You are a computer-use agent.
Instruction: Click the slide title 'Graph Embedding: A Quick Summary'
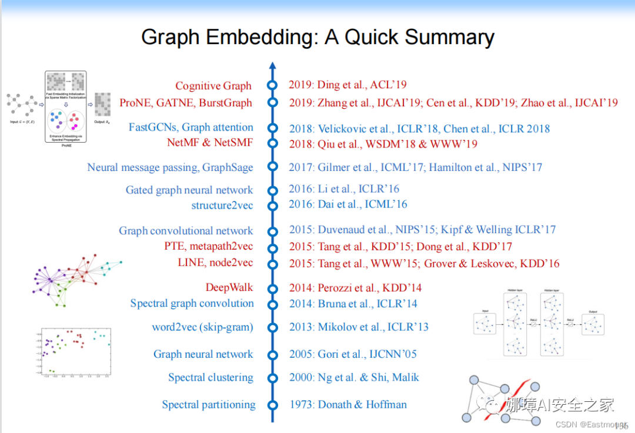[317, 38]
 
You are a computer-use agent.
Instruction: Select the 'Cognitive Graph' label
[213, 86]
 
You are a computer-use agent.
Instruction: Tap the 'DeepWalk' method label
[229, 288]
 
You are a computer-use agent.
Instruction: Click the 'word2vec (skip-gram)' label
[202, 327]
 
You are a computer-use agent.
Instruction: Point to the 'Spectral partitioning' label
[209, 405]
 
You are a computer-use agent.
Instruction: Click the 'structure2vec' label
[222, 206]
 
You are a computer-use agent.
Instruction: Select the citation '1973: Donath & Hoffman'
[347, 405]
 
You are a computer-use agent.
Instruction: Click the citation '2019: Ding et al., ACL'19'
[347, 85]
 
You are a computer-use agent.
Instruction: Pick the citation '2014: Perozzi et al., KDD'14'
[355, 288]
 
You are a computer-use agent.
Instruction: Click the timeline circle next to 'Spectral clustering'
[272, 378]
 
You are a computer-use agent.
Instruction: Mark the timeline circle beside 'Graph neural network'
[272, 354]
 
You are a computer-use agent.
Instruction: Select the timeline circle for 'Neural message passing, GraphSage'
[272, 167]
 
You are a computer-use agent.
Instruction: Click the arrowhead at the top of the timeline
[272, 65]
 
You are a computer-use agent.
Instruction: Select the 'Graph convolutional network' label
[186, 231]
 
